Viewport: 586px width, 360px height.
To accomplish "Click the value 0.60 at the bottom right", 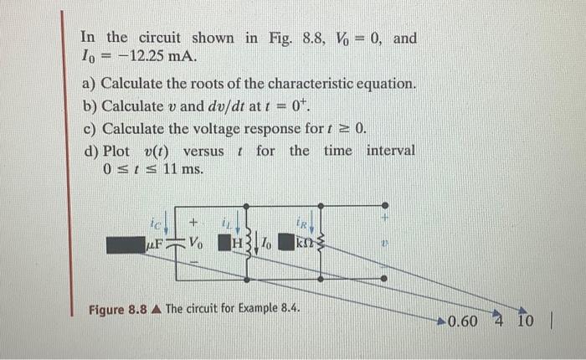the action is pos(463,321).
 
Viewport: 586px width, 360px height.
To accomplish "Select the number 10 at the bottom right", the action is pos(524,321).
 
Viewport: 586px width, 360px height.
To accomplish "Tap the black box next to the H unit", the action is pos(224,245).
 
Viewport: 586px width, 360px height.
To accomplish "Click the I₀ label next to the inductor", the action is pos(265,245).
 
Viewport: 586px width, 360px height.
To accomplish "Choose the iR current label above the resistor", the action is pos(306,222).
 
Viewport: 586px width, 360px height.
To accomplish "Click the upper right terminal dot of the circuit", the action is pos(384,205).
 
